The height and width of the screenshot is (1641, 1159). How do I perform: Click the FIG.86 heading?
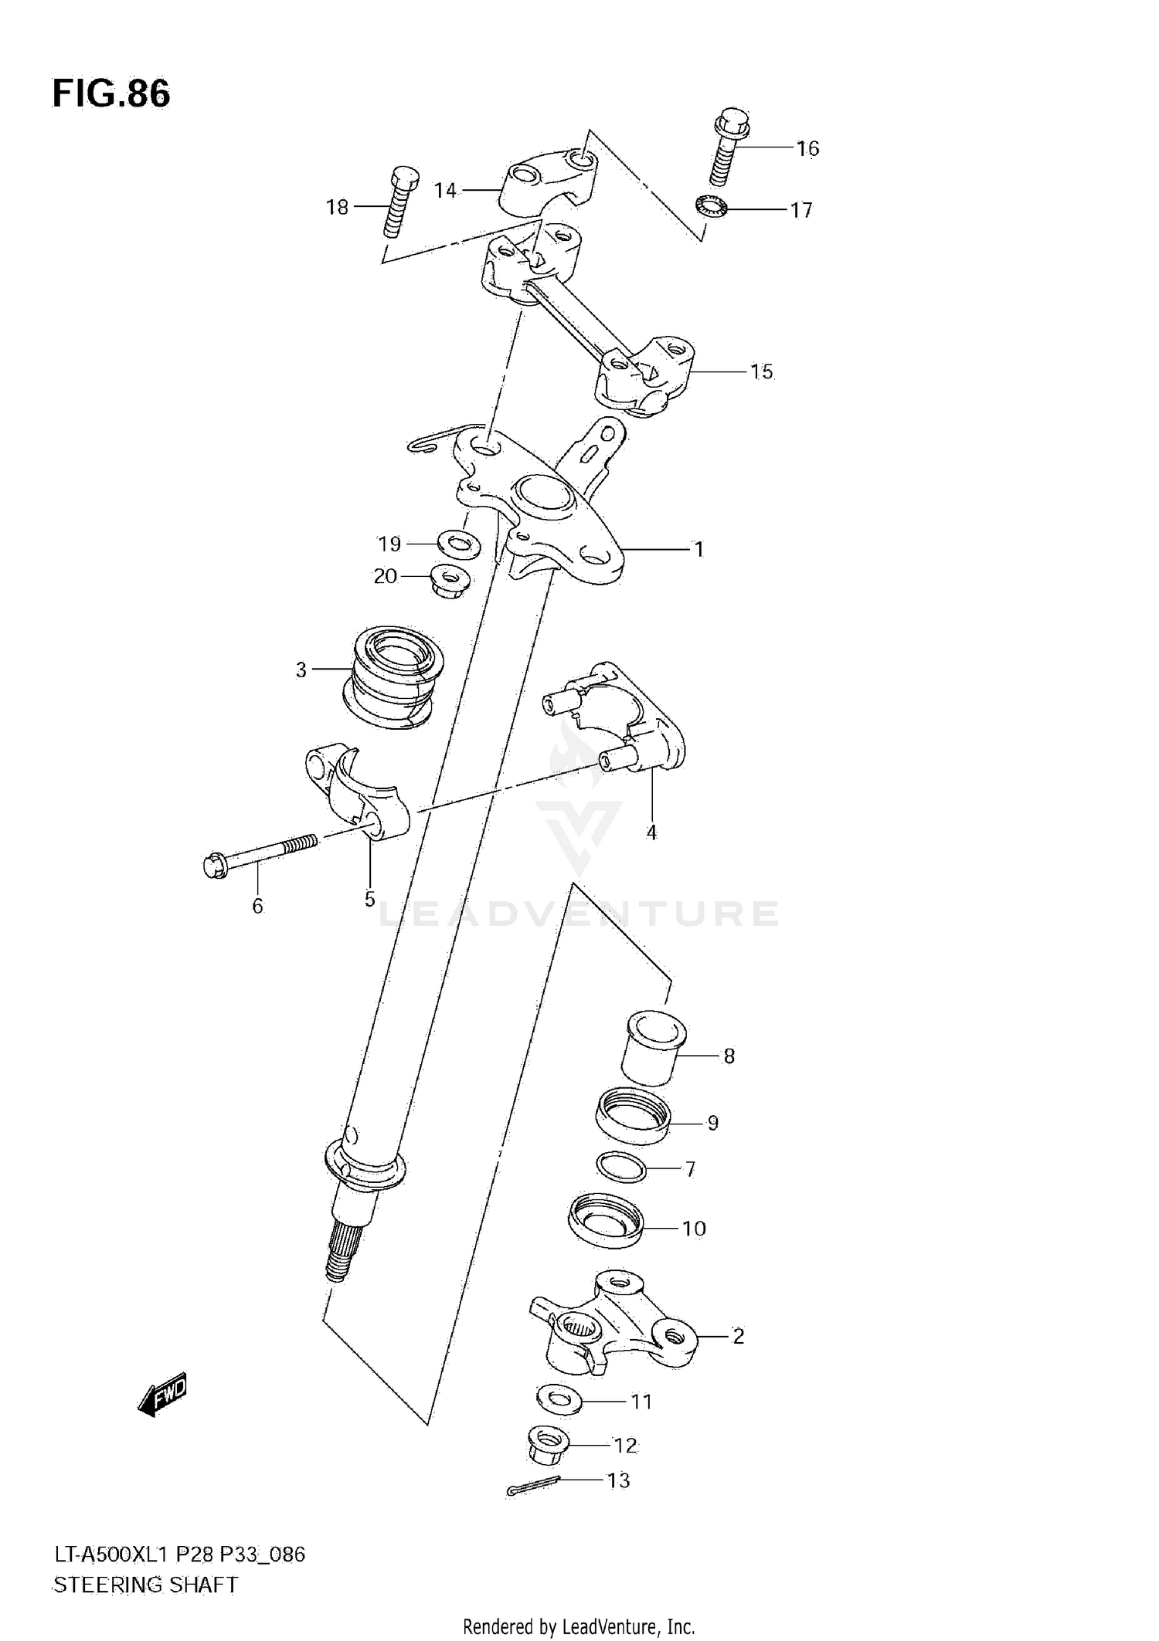(111, 93)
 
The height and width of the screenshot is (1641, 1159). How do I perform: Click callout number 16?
(807, 148)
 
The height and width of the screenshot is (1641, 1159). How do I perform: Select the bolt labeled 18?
(399, 202)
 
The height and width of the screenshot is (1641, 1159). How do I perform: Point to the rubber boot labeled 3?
(393, 680)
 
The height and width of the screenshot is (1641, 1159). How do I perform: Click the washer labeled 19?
(459, 545)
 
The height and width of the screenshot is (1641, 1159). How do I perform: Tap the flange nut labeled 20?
(452, 579)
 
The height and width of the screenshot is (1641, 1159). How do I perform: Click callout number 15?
(761, 371)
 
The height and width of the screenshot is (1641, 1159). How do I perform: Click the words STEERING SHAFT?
(145, 1585)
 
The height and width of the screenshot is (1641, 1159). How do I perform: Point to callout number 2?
(738, 1335)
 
